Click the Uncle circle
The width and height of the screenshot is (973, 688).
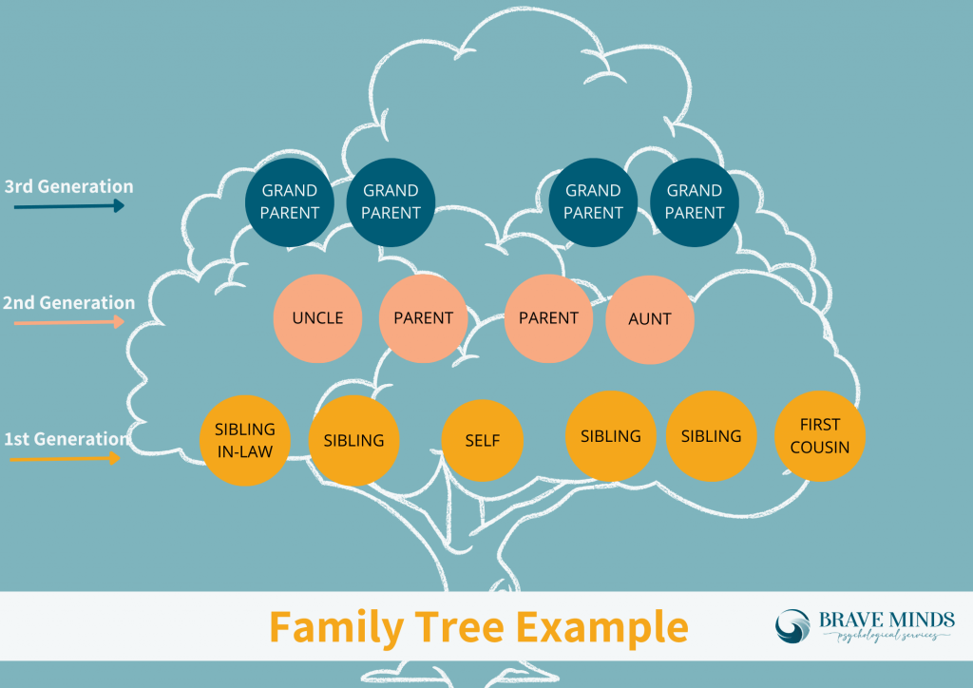pos(317,318)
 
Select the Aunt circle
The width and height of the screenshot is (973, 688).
pos(650,319)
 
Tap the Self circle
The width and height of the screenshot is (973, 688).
pos(483,441)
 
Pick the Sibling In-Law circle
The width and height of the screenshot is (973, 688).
pos(245,440)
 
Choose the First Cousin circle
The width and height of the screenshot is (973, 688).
pos(820,435)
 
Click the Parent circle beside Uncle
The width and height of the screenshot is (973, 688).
pos(423,318)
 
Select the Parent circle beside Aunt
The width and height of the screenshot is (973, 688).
pos(548,318)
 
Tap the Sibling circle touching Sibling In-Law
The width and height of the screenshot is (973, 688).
pos(353,441)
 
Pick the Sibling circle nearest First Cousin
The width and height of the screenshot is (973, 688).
pos(711,436)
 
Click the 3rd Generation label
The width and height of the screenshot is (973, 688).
pos(68,186)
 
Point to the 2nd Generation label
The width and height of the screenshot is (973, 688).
pos(68,303)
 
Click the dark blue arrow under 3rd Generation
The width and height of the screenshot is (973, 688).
pos(68,205)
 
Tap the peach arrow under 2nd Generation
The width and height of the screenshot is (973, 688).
pos(68,322)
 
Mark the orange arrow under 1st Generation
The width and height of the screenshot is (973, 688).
pos(65,459)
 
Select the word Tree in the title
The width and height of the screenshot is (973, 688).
pos(455,627)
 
